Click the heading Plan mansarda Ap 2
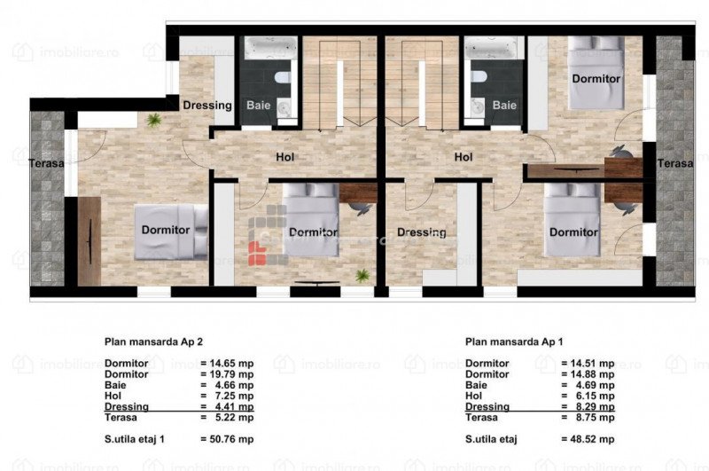click(x=153, y=341)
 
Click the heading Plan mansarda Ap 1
click(x=514, y=341)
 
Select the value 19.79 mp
click(x=231, y=374)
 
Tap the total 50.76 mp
click(x=231, y=439)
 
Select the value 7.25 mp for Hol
click(x=234, y=396)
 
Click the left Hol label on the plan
click(x=284, y=157)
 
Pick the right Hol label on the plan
click(x=464, y=157)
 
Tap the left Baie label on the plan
click(x=259, y=106)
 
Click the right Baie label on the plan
click(x=504, y=106)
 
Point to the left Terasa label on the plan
click(x=47, y=163)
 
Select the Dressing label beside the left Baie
click(x=207, y=106)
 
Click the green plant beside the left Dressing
click(x=154, y=120)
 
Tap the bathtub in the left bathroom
click(x=271, y=48)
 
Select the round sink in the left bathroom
click(x=284, y=108)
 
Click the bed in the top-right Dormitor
click(x=596, y=73)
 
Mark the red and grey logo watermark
click(x=269, y=235)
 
